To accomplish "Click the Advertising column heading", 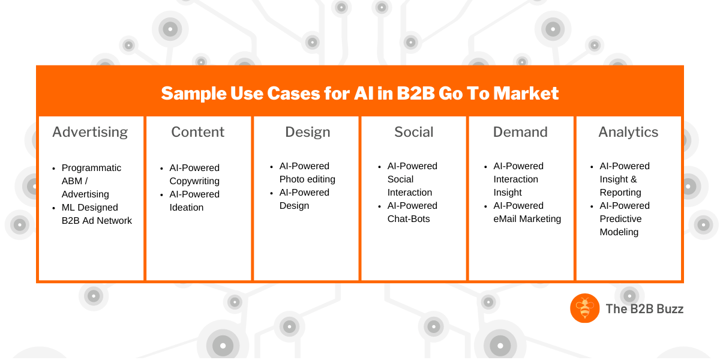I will [x=90, y=132].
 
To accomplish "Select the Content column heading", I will [x=198, y=132].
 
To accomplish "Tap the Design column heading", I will [x=308, y=132].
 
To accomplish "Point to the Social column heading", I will [x=414, y=132].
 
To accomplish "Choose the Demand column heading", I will [x=520, y=132].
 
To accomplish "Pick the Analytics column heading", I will [x=628, y=132].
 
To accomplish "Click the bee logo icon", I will [x=584, y=308].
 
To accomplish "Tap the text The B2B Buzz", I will [x=644, y=309].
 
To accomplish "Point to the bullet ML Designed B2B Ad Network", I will [x=97, y=214].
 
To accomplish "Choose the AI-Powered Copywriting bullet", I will [x=194, y=175].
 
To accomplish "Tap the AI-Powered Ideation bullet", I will [x=194, y=201].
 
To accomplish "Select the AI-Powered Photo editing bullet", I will [x=307, y=173].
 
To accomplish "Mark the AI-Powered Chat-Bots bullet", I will [x=412, y=212].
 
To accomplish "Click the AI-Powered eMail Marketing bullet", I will [x=527, y=212].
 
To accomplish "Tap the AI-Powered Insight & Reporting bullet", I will [x=624, y=179].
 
